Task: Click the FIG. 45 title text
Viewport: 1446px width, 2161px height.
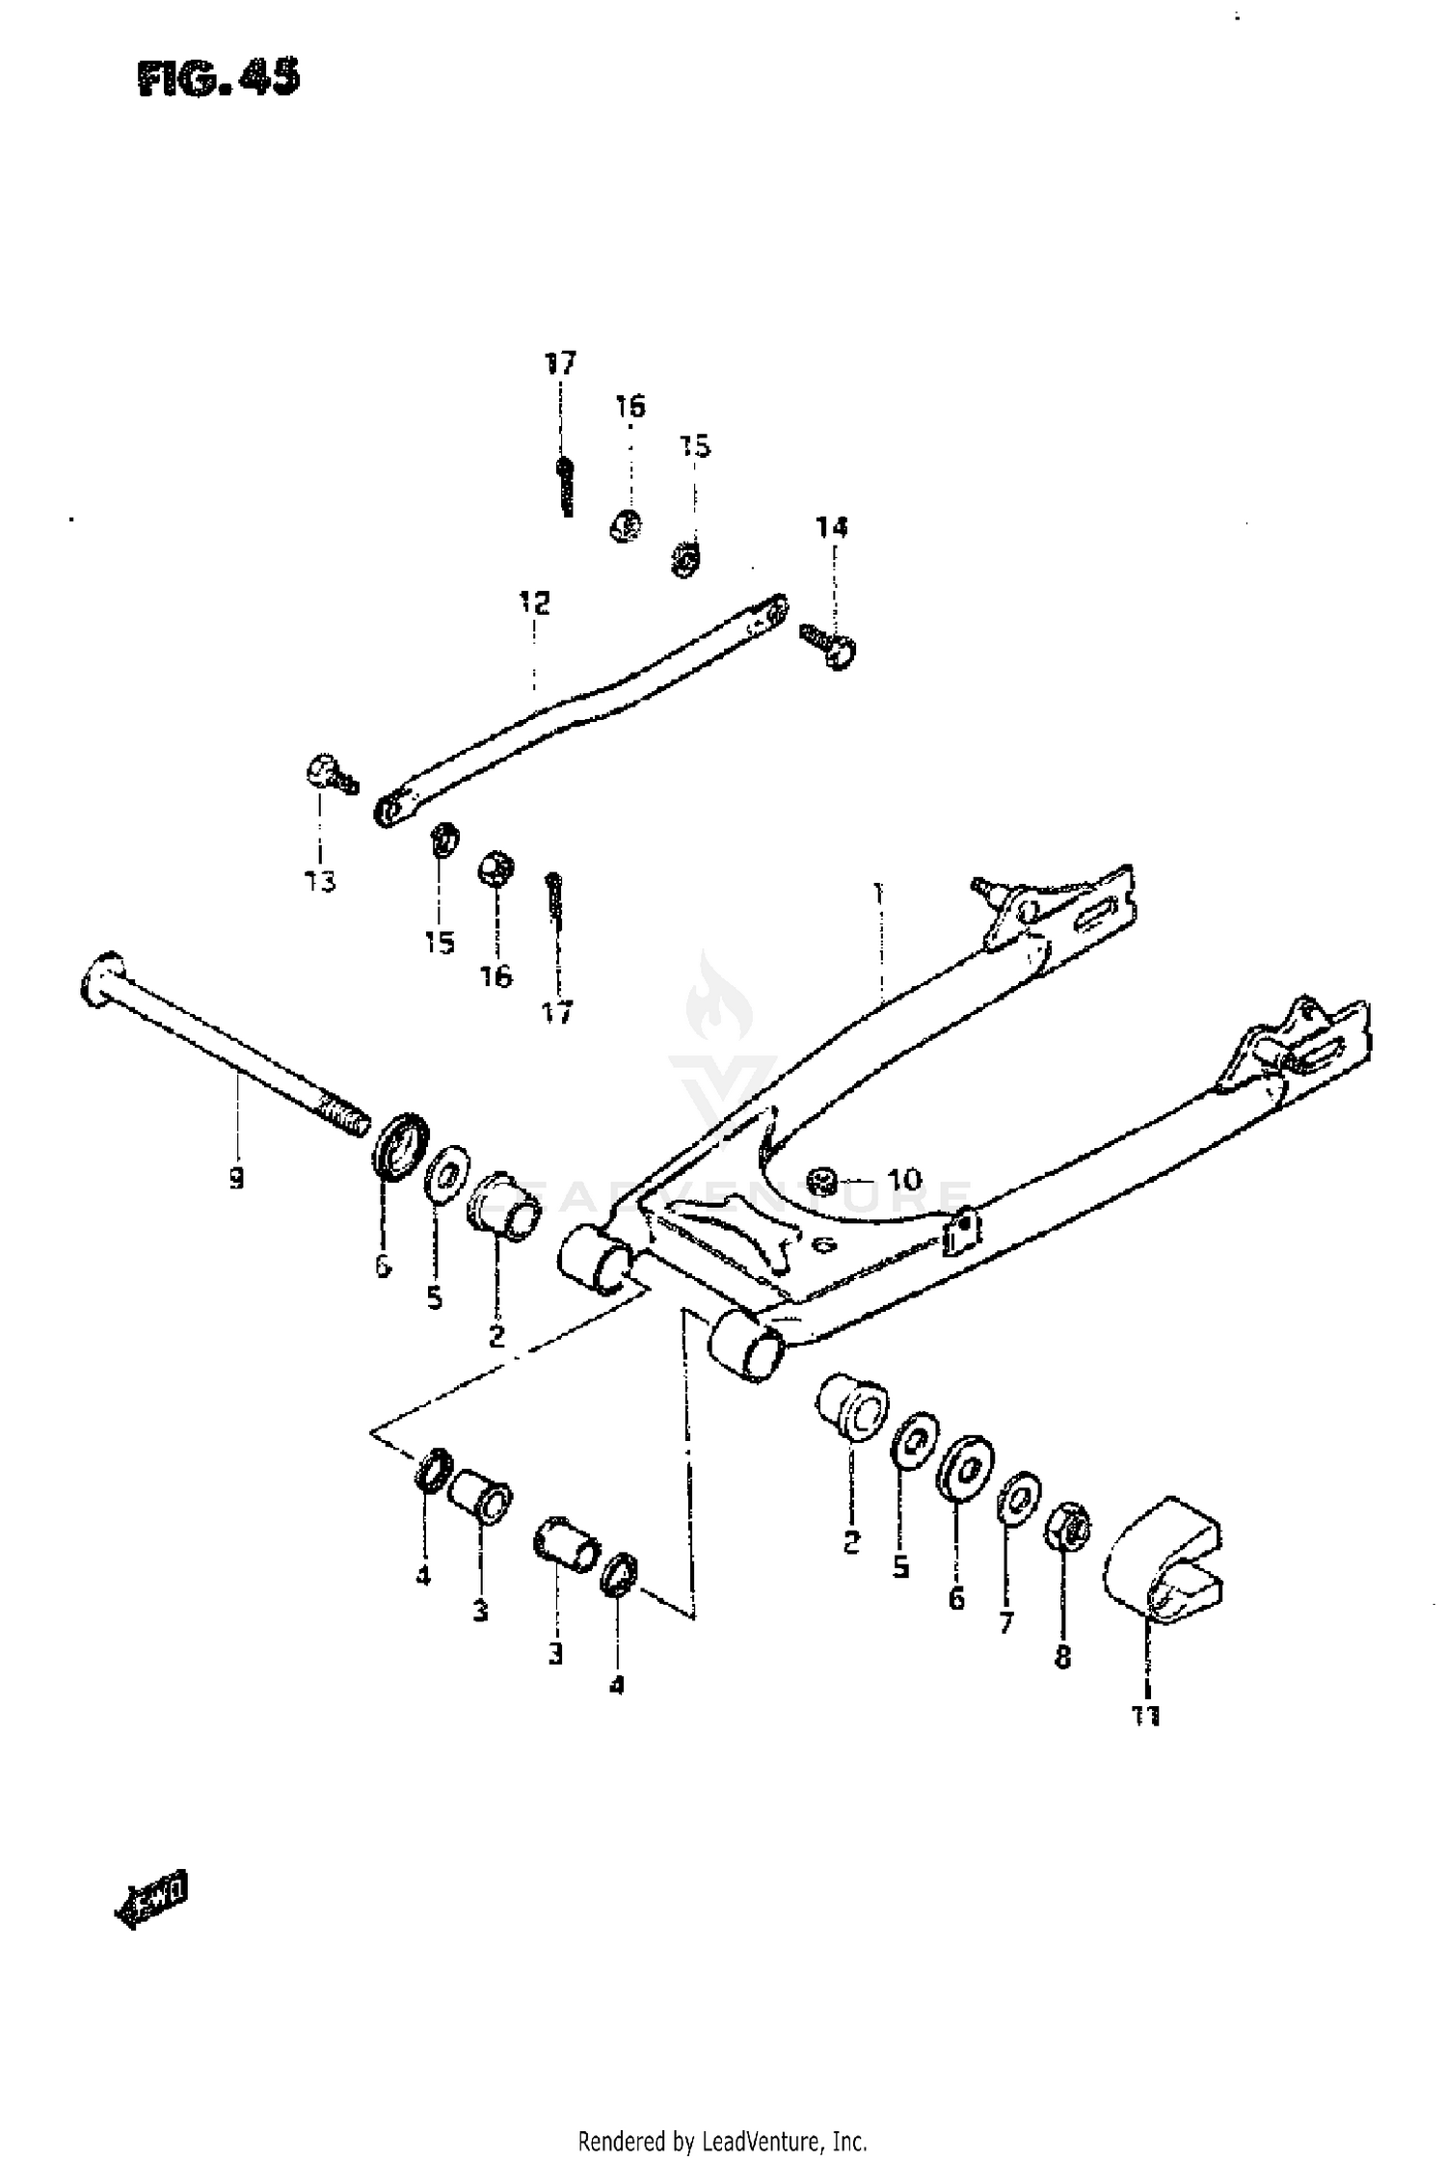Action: tap(218, 78)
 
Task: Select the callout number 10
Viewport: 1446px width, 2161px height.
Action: tap(903, 1179)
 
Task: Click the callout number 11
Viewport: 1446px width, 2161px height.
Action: tap(1146, 1717)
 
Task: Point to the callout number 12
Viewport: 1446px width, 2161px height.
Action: tap(534, 604)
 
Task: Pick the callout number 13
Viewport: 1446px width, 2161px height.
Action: tap(320, 881)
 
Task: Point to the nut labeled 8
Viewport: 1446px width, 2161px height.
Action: tap(1068, 1526)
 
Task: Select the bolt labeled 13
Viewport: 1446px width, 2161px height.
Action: tap(331, 774)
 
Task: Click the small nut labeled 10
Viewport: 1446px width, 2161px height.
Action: tap(824, 1178)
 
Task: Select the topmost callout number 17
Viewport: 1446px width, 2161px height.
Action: tap(560, 363)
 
